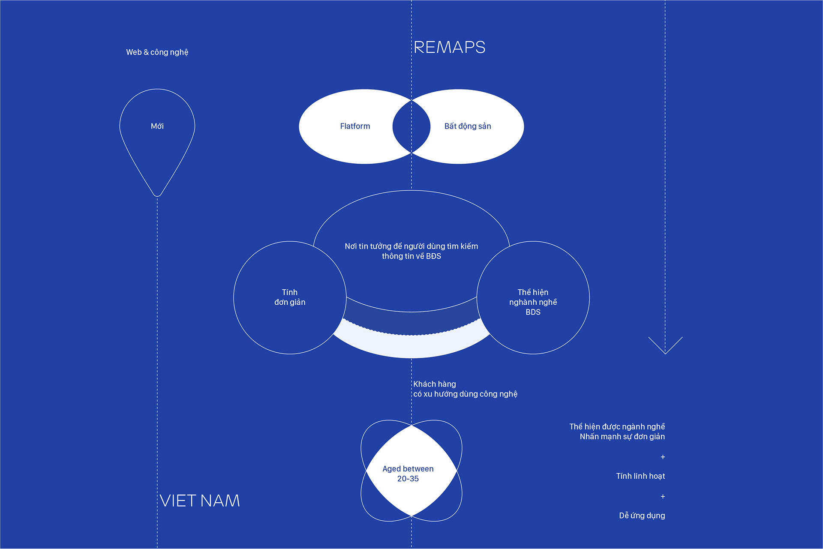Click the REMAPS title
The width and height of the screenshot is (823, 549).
click(x=449, y=47)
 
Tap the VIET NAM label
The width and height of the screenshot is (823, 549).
click(x=200, y=501)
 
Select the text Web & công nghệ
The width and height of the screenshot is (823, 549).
click(x=157, y=52)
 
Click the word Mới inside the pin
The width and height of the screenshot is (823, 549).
click(x=157, y=126)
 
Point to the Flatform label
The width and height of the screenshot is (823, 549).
click(x=355, y=126)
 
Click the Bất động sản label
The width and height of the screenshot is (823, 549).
click(x=468, y=126)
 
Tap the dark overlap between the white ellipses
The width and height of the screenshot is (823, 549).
click(x=411, y=126)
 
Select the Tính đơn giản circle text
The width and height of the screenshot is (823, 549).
click(x=290, y=297)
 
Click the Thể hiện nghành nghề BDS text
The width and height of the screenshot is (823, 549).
click(x=533, y=302)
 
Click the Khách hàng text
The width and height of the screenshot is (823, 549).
click(x=435, y=384)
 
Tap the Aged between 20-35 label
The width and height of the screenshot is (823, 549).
click(x=408, y=474)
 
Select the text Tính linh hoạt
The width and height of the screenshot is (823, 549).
click(x=640, y=476)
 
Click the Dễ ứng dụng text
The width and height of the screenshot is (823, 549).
click(x=642, y=516)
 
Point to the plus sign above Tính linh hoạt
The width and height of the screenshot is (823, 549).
click(x=663, y=457)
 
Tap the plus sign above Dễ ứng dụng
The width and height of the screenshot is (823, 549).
click(x=663, y=496)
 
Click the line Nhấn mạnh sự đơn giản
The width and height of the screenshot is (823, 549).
click(x=622, y=437)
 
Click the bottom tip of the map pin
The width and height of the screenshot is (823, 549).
click(x=157, y=195)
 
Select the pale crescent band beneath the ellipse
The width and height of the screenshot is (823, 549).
click(x=411, y=346)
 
